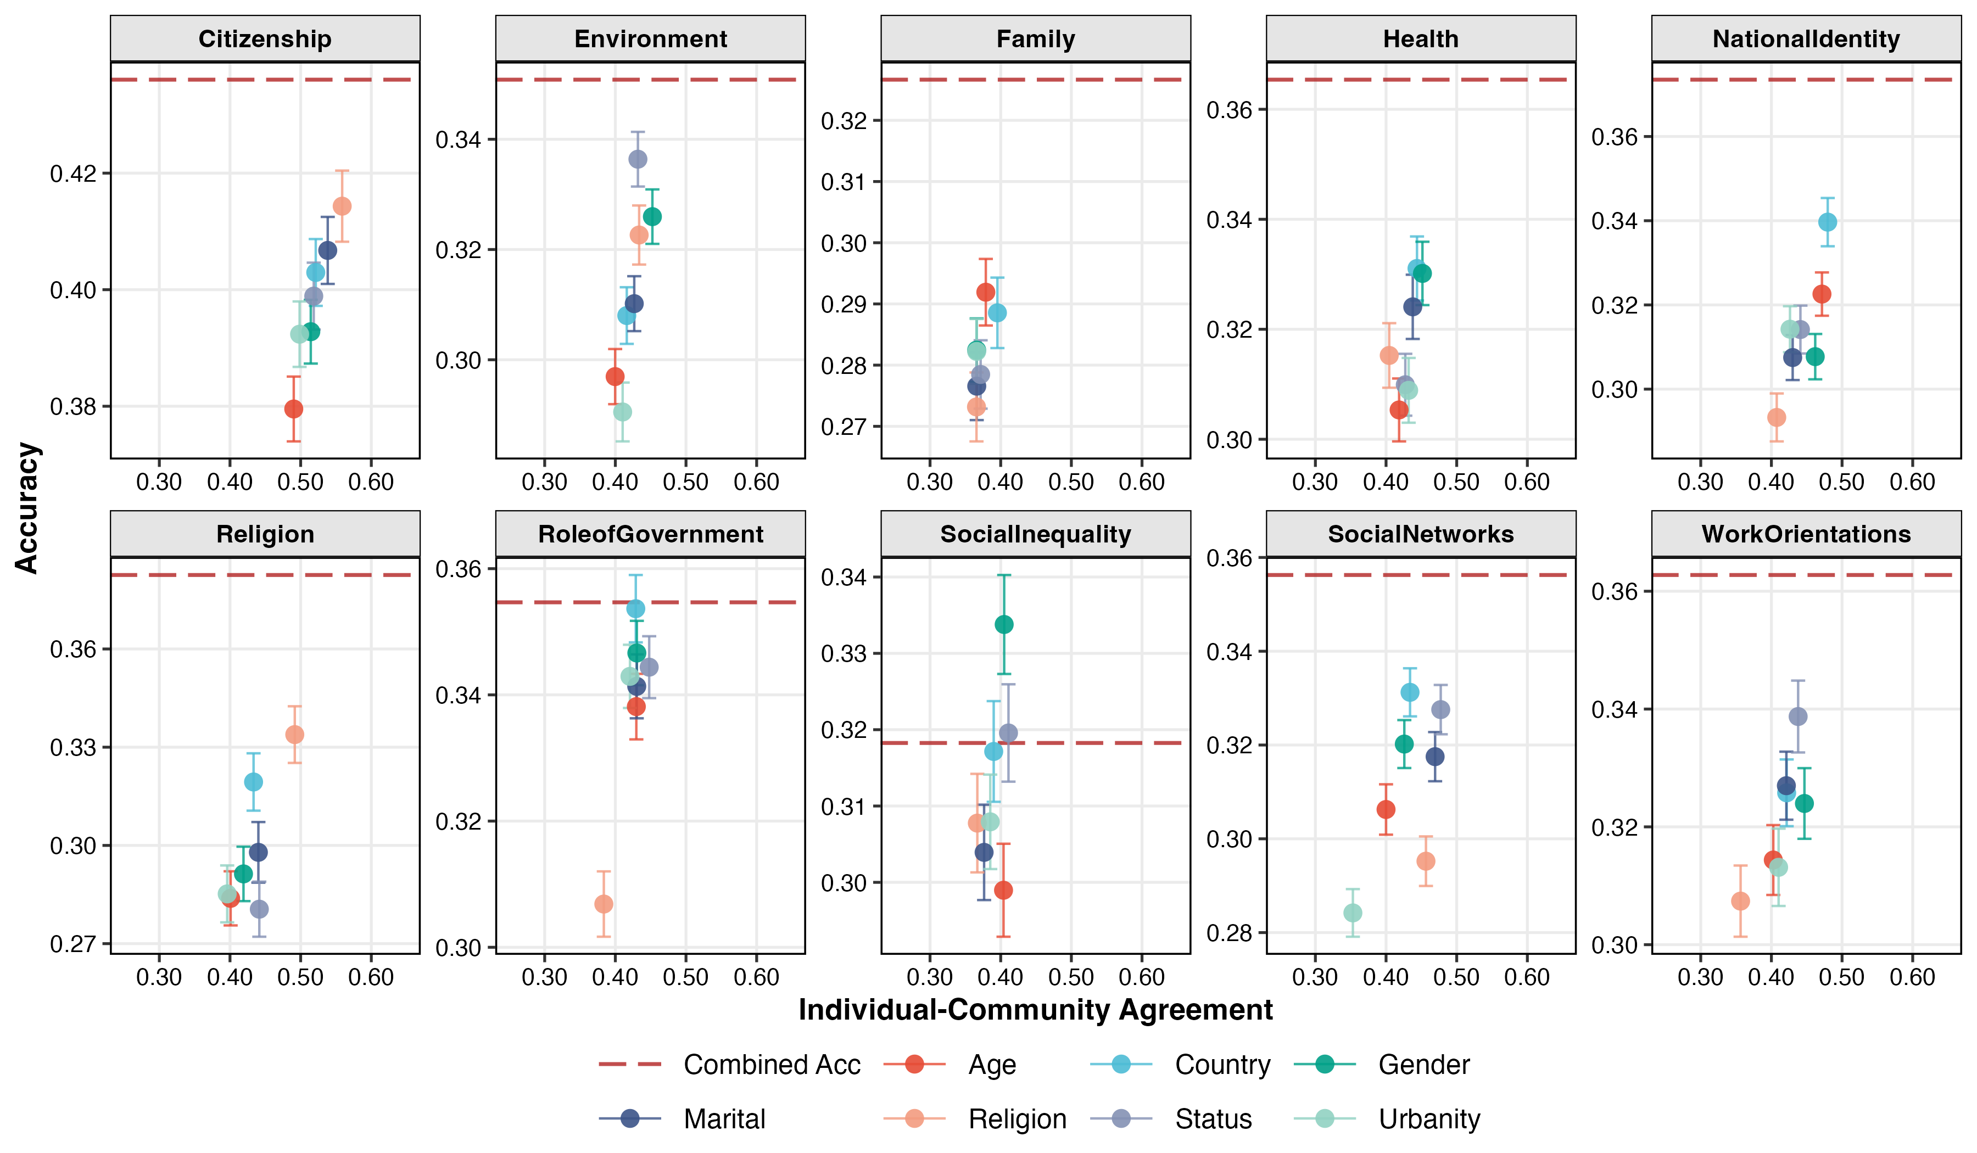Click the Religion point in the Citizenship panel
tap(342, 206)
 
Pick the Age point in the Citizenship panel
tap(293, 408)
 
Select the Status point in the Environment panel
tap(638, 159)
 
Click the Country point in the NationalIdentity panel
tap(1827, 222)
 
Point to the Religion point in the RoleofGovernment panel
tap(604, 904)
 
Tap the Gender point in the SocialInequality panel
tap(1003, 624)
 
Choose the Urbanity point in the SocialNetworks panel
tap(1353, 912)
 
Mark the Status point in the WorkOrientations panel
tap(1797, 716)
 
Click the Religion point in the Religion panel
tap(294, 734)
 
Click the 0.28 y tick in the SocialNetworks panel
tap(1228, 933)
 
